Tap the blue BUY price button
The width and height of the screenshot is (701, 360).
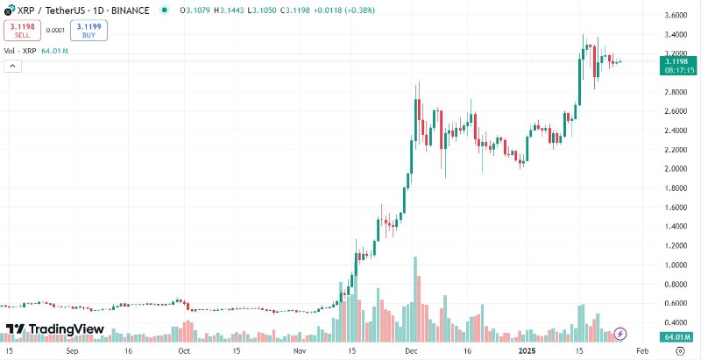click(x=83, y=31)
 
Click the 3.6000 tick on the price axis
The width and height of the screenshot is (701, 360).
click(x=675, y=16)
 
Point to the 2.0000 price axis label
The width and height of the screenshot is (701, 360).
click(x=675, y=169)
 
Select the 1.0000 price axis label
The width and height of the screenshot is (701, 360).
click(x=675, y=265)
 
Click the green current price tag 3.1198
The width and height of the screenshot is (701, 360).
click(x=675, y=61)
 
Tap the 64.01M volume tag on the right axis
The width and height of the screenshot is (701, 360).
click(x=675, y=337)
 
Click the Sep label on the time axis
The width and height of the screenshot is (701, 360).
click(x=73, y=350)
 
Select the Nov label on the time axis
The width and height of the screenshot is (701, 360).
click(x=300, y=350)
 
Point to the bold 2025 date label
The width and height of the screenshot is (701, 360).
click(x=526, y=350)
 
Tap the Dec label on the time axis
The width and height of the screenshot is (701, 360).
click(x=411, y=350)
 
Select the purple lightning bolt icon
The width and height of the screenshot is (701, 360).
click(x=620, y=333)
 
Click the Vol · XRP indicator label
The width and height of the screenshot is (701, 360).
click(x=20, y=52)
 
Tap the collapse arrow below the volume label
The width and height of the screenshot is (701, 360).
click(x=13, y=67)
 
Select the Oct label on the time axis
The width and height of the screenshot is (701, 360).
click(x=184, y=350)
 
